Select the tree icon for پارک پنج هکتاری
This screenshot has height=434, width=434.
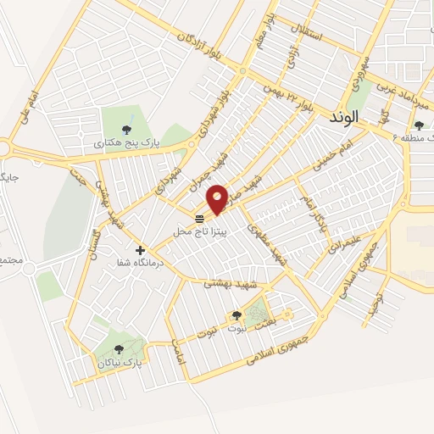pyautogui.click(x=127, y=130)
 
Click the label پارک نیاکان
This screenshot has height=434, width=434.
pyautogui.click(x=118, y=362)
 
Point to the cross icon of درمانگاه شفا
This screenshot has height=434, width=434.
pyautogui.click(x=141, y=250)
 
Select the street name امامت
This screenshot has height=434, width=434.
pyautogui.click(x=177, y=351)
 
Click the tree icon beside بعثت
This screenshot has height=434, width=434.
pyautogui.click(x=236, y=316)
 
